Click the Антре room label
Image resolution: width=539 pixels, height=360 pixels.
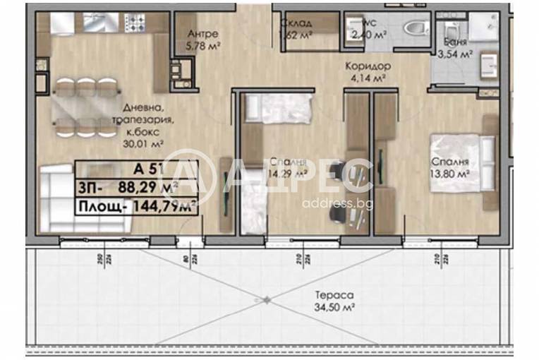pyautogui.click(x=203, y=34)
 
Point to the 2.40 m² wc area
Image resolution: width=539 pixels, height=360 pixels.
pyautogui.click(x=368, y=34)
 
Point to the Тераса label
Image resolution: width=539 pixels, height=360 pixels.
pyautogui.click(x=334, y=296)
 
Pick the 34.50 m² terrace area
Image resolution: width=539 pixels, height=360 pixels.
pyautogui.click(x=334, y=308)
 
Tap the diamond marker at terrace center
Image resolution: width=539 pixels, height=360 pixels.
pyautogui.click(x=266, y=300)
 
